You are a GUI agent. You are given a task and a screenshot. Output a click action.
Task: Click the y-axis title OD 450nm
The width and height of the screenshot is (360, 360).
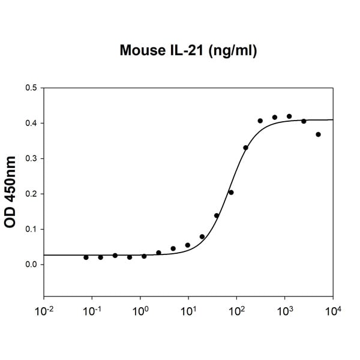click(x=10, y=192)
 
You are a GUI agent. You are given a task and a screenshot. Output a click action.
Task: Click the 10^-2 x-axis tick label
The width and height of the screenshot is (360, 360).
click(x=43, y=312)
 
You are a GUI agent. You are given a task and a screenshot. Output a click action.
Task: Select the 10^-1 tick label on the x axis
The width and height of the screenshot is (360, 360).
click(x=91, y=312)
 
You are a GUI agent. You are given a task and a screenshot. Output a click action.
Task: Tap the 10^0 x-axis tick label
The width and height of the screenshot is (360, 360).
click(x=140, y=312)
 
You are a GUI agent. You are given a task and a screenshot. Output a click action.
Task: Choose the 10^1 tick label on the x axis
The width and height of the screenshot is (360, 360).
click(x=188, y=312)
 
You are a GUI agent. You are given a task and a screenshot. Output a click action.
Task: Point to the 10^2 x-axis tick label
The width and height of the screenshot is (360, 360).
click(x=236, y=312)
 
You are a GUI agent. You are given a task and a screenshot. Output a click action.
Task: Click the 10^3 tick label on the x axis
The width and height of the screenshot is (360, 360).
click(x=285, y=312)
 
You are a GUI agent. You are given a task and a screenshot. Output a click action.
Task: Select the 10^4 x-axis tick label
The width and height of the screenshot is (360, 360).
click(x=333, y=312)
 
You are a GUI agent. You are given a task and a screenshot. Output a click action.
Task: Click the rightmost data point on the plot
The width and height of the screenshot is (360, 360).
click(x=318, y=134)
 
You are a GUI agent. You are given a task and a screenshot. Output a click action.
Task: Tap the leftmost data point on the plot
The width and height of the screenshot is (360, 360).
click(x=86, y=257)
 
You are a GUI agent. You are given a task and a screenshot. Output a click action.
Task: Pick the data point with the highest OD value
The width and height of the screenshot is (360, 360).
click(x=289, y=116)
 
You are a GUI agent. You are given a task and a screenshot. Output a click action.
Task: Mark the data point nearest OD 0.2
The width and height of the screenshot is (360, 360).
click(x=231, y=193)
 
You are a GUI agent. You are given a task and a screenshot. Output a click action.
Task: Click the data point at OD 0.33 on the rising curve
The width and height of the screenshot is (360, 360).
click(x=245, y=148)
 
